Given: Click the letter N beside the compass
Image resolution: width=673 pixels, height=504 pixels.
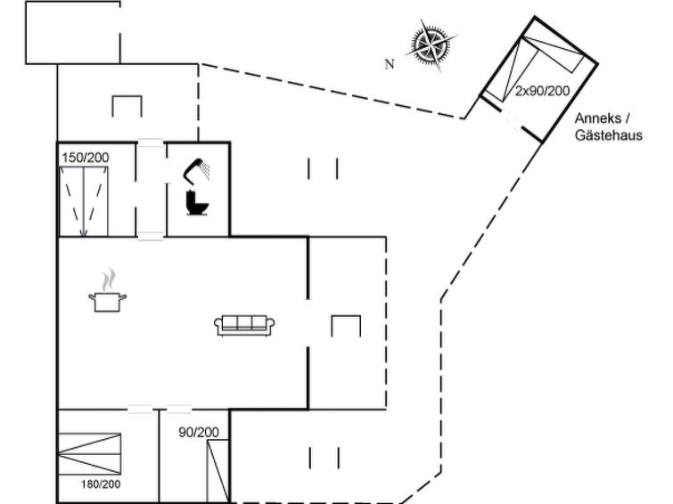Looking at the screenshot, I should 389,64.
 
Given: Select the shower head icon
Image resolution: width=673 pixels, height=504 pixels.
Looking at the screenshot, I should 196,169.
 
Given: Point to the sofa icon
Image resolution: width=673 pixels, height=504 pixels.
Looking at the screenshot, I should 244,325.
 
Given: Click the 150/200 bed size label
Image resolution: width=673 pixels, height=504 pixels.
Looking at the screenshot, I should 86,158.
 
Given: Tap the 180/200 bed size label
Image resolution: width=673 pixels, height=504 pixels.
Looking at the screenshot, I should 100,484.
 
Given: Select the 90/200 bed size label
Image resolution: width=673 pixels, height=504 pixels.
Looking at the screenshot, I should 198,433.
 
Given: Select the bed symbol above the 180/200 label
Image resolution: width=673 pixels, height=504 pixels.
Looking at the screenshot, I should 88,454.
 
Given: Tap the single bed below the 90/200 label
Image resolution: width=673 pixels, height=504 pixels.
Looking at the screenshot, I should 217,472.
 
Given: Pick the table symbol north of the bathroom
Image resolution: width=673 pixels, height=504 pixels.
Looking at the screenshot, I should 127,106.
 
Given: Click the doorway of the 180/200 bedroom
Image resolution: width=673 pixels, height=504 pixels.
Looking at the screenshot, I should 140,410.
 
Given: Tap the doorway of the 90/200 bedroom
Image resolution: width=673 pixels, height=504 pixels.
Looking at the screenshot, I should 178,410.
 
